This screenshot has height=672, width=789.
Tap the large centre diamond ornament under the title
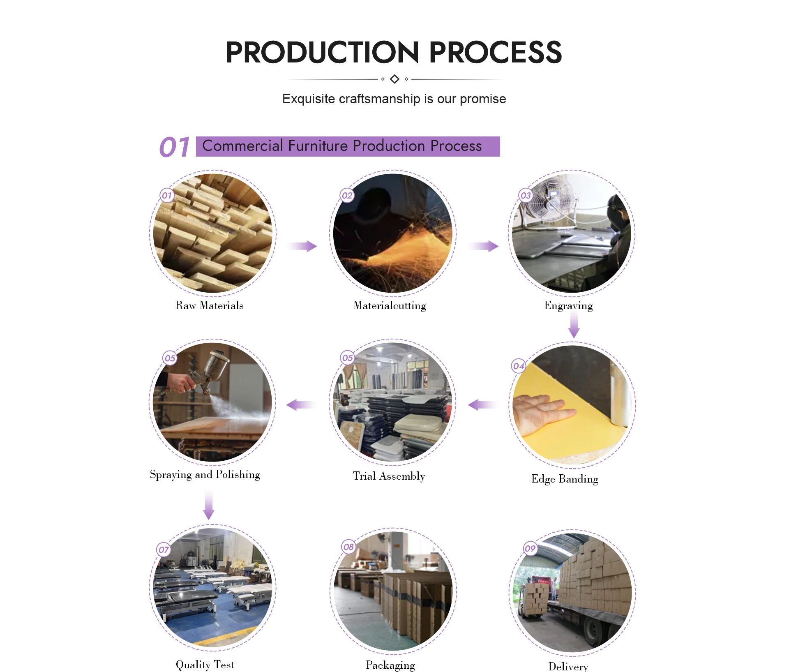(x=394, y=79)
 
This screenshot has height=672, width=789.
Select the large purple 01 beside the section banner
(x=175, y=147)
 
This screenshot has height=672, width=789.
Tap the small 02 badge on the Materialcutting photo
(x=347, y=196)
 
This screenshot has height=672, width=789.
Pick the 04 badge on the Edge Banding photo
(x=519, y=366)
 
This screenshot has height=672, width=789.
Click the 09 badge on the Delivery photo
(x=530, y=548)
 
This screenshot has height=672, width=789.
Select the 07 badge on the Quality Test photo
(x=164, y=550)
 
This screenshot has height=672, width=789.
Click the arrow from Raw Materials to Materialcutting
(x=302, y=246)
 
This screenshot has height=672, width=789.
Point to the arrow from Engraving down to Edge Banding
(x=574, y=325)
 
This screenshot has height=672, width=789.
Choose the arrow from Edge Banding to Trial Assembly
(x=482, y=405)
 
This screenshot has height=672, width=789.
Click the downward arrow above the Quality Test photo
(x=209, y=506)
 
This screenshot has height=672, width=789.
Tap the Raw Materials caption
(x=209, y=305)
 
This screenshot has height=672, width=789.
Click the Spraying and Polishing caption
(x=205, y=475)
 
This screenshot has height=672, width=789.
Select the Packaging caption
(x=390, y=665)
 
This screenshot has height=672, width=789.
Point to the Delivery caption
(x=568, y=666)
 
